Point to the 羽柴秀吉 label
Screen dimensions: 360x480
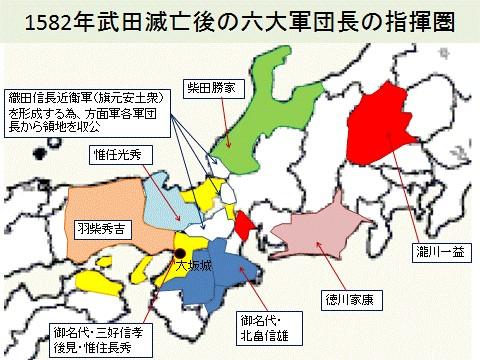pyautogui.click(x=101, y=227)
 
